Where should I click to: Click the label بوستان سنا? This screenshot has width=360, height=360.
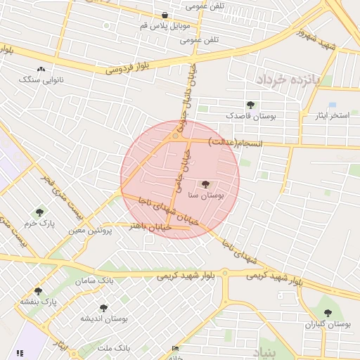pyautogui.click(x=207, y=197)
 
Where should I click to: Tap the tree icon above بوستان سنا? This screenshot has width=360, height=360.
pyautogui.click(x=206, y=184)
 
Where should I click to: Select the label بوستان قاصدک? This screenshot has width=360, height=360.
pyautogui.click(x=251, y=115)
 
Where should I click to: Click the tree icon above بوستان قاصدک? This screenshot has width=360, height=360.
pyautogui.click(x=251, y=104)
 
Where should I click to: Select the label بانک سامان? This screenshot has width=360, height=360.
pyautogui.click(x=98, y=281)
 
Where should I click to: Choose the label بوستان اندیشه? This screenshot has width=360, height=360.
pyautogui.click(x=103, y=319)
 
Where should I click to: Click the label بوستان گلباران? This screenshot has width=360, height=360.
pyautogui.click(x=328, y=324)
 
